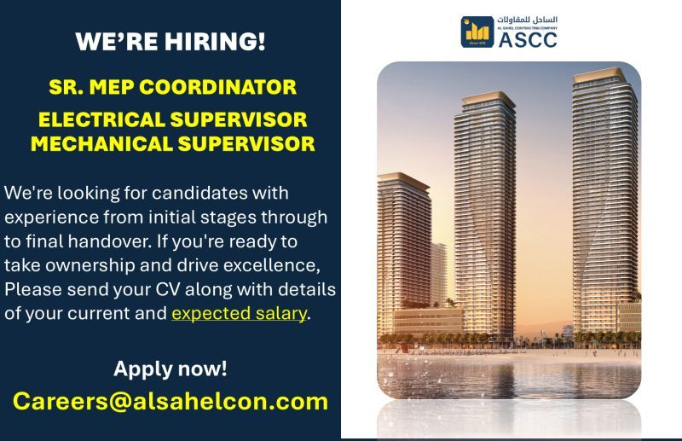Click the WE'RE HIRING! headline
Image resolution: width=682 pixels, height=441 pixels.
(x=170, y=42)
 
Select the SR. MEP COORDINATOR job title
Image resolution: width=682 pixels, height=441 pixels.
(x=173, y=87)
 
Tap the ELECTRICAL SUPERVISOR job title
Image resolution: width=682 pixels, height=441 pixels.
(x=173, y=119)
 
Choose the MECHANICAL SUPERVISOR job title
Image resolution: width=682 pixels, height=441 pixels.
(x=173, y=143)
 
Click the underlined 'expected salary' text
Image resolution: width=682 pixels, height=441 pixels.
(x=240, y=314)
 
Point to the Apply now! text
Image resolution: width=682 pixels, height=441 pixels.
(x=170, y=368)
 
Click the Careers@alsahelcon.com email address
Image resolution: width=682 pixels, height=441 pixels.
(x=170, y=401)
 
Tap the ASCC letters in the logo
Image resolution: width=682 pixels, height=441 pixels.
(x=528, y=40)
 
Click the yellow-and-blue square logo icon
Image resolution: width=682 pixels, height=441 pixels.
(x=477, y=32)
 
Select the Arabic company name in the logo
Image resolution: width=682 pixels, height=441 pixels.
(x=527, y=20)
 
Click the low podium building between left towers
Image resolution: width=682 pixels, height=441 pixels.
(x=428, y=322)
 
